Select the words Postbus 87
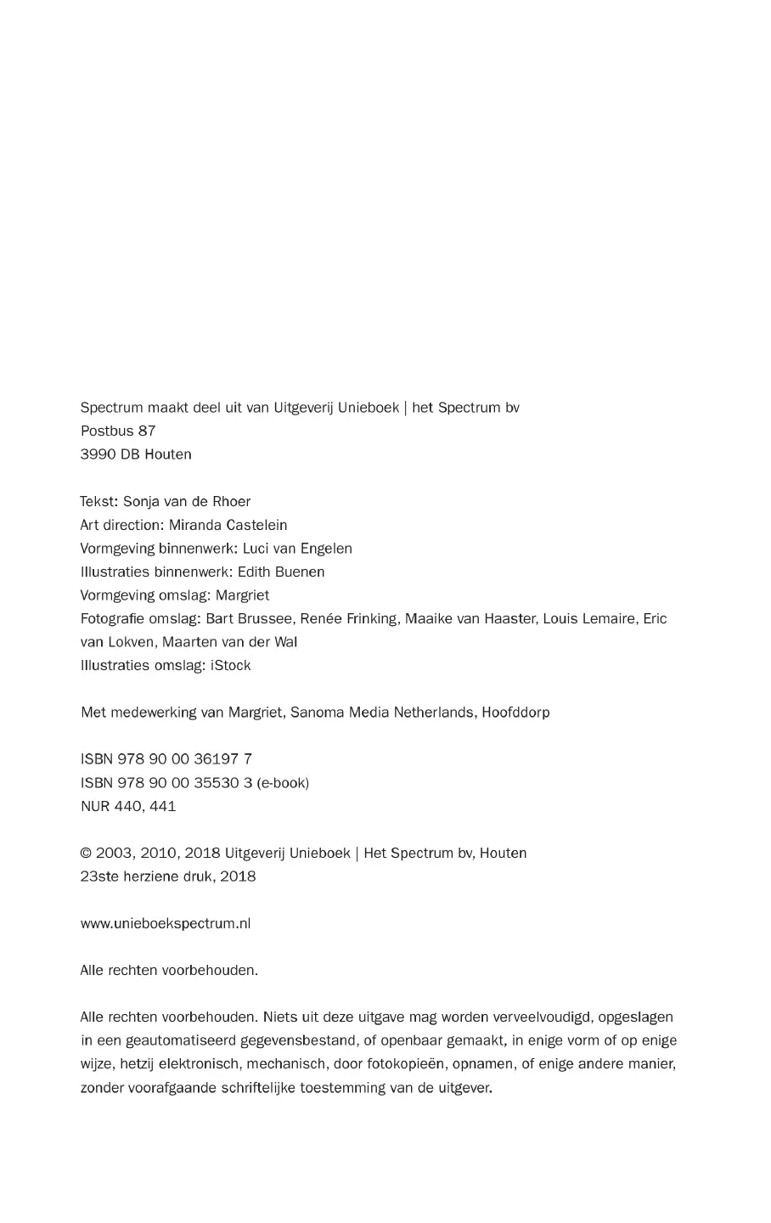[x=118, y=431]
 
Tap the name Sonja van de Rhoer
[x=187, y=501]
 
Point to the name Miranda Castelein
[x=228, y=525]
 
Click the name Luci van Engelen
[x=297, y=549]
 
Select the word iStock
[x=230, y=666]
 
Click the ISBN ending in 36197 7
[x=166, y=759]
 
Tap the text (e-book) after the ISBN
[x=283, y=783]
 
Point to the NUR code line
[x=128, y=806]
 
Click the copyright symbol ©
[x=86, y=854]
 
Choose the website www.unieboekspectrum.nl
[x=166, y=923]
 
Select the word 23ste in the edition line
[x=99, y=876]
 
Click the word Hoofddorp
[x=515, y=713]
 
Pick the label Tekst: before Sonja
[x=99, y=501]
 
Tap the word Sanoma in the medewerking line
[x=314, y=713]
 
